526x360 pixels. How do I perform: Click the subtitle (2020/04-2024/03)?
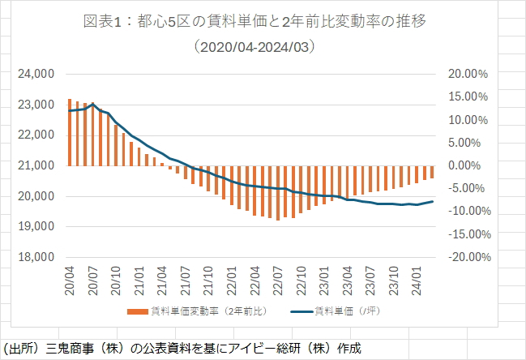pyautogui.click(x=263, y=47)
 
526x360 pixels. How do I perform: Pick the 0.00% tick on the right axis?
pyautogui.click(x=468, y=165)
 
